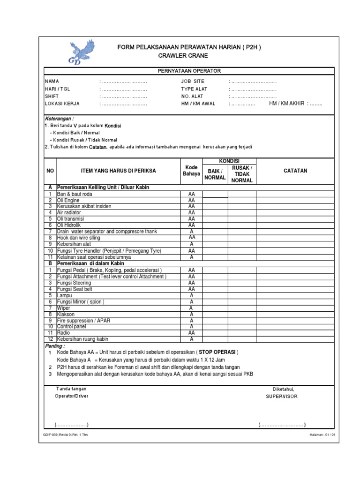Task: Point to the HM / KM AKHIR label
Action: pyautogui.click(x=286, y=103)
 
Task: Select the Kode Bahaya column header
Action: pyautogui.click(x=191, y=171)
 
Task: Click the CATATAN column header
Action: pyautogui.click(x=295, y=171)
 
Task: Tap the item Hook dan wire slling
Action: pyautogui.click(x=78, y=238)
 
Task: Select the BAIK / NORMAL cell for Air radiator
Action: pyautogui.click(x=215, y=212)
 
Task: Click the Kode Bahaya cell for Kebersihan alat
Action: pyautogui.click(x=191, y=244)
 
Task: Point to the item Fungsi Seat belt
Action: pyautogui.click(x=74, y=289)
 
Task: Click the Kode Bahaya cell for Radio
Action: pyautogui.click(x=191, y=332)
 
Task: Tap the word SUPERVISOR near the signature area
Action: pyautogui.click(x=282, y=396)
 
